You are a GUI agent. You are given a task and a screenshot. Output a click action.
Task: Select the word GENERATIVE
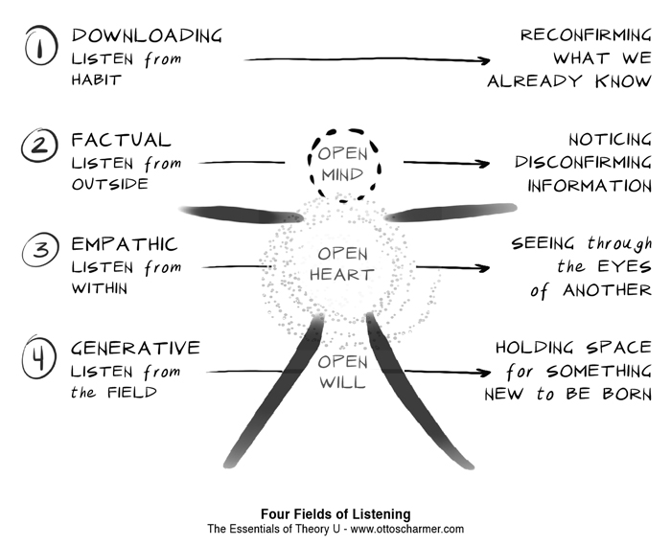[x=136, y=348]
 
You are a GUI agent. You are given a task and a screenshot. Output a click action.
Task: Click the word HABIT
[x=97, y=80]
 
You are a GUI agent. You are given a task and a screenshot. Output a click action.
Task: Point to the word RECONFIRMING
[x=586, y=35]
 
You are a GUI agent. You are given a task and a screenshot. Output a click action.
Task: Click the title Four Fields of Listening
[x=335, y=514]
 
